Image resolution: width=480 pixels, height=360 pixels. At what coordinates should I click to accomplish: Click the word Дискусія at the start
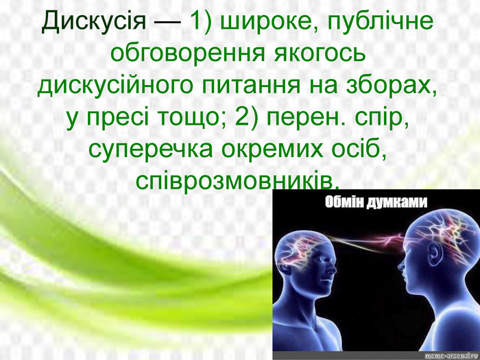point(94,21)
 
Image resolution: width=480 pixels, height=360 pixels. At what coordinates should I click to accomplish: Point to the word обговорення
point(187,53)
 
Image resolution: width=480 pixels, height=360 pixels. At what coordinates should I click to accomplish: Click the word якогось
point(320,53)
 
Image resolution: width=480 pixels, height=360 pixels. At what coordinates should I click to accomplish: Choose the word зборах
point(392,86)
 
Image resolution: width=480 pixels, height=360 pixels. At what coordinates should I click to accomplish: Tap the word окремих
point(272,150)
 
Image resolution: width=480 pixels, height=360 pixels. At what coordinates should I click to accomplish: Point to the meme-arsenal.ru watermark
point(452,355)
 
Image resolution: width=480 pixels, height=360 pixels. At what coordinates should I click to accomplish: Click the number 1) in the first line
point(201,22)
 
